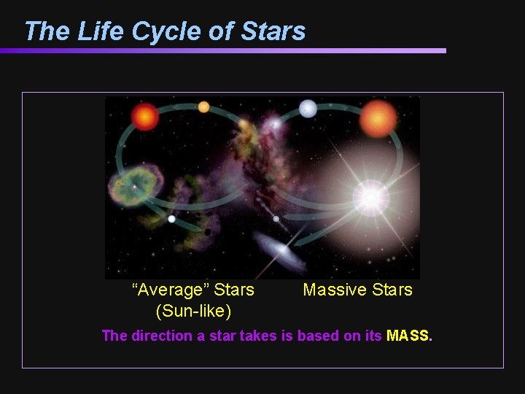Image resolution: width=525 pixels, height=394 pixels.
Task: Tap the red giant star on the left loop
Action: pyautogui.click(x=145, y=116)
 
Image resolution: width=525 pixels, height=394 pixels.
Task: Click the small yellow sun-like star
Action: pyautogui.click(x=203, y=107)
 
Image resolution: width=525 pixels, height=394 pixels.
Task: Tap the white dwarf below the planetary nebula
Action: pyautogui.click(x=171, y=218)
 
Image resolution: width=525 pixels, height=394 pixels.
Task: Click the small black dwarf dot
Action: pyautogui.click(x=208, y=232)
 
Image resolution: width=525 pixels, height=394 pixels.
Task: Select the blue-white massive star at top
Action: pyautogui.click(x=308, y=109)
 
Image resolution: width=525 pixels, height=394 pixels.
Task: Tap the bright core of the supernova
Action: pyautogui.click(x=370, y=198)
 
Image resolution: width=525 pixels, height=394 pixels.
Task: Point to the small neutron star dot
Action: pyautogui.click(x=276, y=219)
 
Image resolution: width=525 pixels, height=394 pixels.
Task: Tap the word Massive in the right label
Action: pyautogui.click(x=332, y=290)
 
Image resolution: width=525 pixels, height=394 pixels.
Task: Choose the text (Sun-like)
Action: pyautogui.click(x=193, y=312)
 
